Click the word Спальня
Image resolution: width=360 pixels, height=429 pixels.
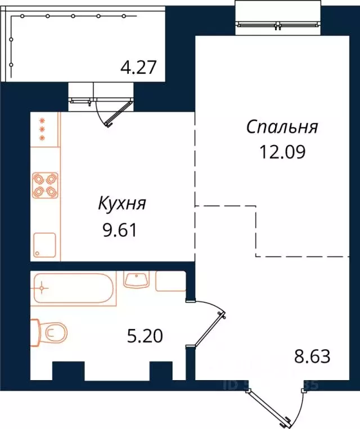282,127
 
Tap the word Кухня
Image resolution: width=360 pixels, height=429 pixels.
122,204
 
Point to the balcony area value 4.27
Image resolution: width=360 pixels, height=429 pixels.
142,67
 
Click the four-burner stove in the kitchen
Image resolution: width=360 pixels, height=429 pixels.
45,184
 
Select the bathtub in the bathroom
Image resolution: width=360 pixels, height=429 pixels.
73,290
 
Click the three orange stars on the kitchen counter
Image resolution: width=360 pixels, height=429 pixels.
41,129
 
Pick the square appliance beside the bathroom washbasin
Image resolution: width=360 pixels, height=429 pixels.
170,281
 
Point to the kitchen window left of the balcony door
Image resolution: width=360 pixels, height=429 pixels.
80,101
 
